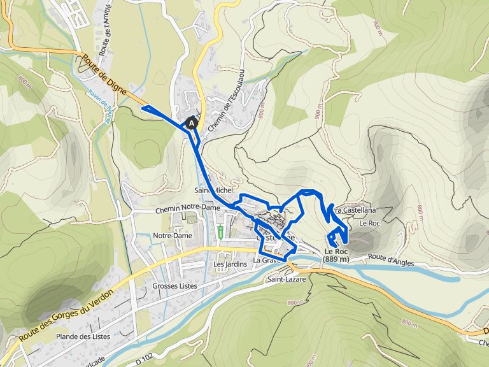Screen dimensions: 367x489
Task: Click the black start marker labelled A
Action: click(191, 122)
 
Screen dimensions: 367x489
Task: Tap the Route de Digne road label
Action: click(105, 78)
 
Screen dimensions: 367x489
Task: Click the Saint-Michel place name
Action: click(215, 191)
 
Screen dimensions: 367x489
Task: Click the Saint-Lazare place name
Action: click(287, 279)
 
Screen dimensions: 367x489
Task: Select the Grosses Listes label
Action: click(174, 286)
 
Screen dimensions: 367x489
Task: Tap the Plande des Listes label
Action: click(83, 336)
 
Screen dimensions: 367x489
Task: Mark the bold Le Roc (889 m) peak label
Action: click(336, 255)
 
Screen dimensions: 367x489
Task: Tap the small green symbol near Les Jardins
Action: click(220, 231)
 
